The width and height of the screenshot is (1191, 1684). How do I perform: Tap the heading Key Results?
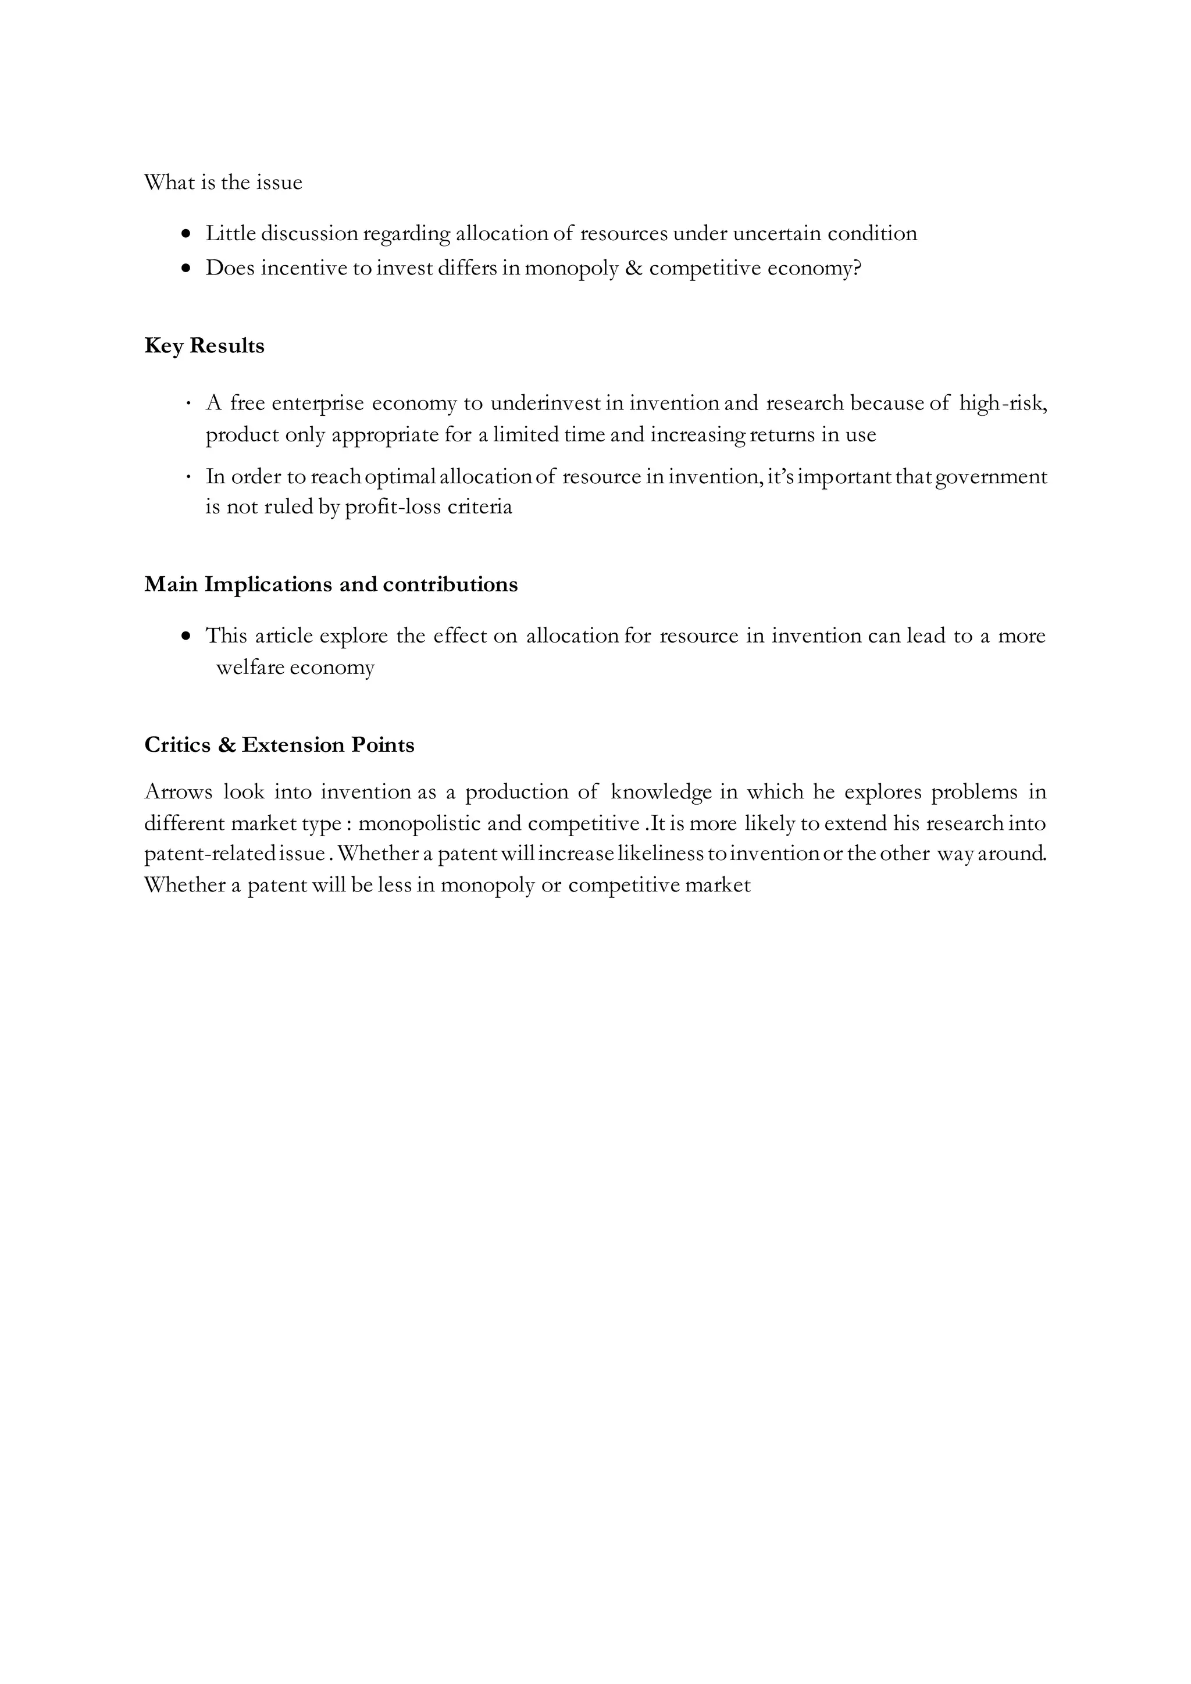204,345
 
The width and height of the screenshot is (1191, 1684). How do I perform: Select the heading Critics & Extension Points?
279,745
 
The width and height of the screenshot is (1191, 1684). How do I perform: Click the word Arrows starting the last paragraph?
178,792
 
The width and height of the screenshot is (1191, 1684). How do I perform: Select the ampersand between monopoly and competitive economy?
634,269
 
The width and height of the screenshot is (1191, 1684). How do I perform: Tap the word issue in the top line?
279,182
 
